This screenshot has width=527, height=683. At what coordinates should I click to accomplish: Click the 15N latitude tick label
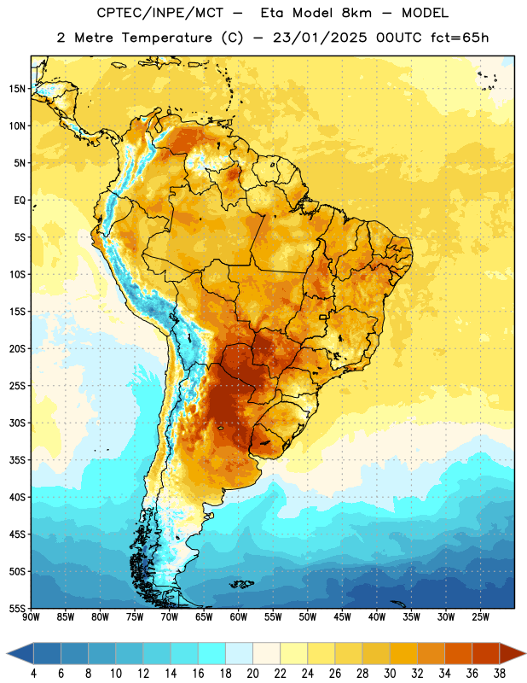[x=17, y=89]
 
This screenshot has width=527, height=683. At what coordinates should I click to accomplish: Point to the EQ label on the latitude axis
[x=20, y=201]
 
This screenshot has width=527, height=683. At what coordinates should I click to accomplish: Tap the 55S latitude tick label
[x=17, y=608]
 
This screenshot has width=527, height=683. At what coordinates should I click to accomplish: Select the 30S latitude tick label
[x=17, y=423]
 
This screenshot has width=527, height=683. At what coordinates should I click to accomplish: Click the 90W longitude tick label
[x=31, y=617]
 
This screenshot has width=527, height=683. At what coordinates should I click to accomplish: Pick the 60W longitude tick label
[x=239, y=617]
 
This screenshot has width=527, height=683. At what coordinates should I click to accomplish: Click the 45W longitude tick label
[x=342, y=617]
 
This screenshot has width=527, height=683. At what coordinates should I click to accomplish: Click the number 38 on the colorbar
[x=500, y=674]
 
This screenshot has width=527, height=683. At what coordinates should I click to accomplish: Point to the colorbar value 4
[x=33, y=674]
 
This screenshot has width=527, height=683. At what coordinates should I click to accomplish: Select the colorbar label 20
[x=252, y=674]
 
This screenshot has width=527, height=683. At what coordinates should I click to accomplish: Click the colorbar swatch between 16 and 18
[x=212, y=653]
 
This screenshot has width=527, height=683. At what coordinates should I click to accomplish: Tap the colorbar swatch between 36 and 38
[x=486, y=653]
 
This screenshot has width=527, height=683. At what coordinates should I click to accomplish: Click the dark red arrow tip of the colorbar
[x=525, y=653]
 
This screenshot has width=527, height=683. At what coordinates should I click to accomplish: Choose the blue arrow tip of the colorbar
[x=7, y=653]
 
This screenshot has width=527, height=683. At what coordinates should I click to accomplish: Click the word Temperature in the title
[x=167, y=38]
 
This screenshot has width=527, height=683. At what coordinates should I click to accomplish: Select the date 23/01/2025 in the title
[x=320, y=38]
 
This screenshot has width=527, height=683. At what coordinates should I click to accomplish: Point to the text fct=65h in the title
[x=460, y=38]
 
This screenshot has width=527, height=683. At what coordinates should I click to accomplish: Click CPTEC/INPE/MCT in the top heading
[x=159, y=13]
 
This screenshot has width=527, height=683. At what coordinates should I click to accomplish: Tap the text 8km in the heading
[x=356, y=13]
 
